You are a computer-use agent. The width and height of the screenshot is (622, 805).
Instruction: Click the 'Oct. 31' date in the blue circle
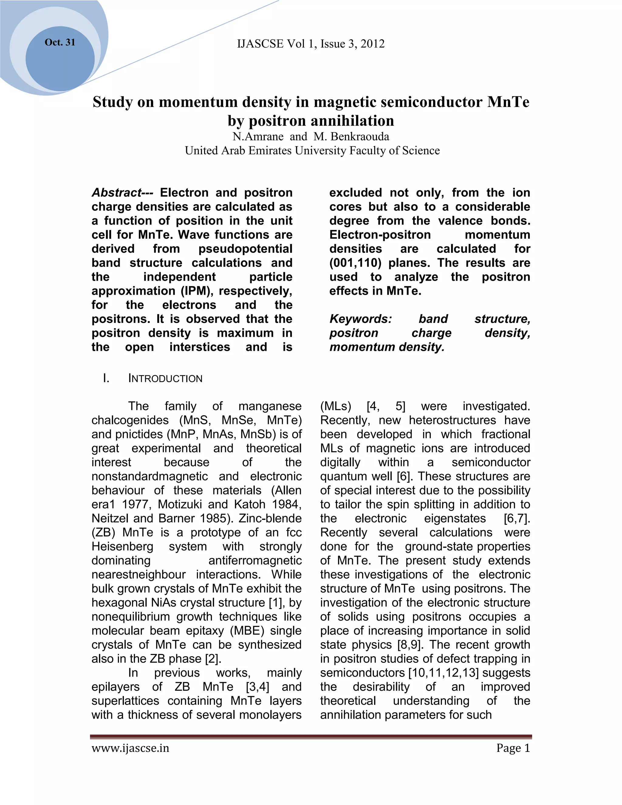pyautogui.click(x=60, y=43)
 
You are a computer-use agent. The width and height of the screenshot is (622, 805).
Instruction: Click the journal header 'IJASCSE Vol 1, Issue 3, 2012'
pyautogui.click(x=311, y=44)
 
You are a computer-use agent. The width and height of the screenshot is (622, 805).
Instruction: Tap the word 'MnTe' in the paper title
pyautogui.click(x=508, y=102)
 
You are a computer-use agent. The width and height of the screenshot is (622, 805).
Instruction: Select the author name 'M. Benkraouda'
pyautogui.click(x=351, y=137)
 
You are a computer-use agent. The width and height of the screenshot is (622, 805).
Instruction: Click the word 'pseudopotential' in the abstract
pyautogui.click(x=245, y=249)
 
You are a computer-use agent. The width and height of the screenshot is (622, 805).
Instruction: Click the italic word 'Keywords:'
pyautogui.click(x=361, y=319)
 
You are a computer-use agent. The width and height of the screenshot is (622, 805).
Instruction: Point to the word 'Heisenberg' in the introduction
pyautogui.click(x=122, y=546)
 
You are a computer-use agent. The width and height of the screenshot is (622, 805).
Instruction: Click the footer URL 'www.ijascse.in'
pyautogui.click(x=130, y=748)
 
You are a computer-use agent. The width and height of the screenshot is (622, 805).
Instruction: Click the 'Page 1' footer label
pyautogui.click(x=513, y=748)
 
